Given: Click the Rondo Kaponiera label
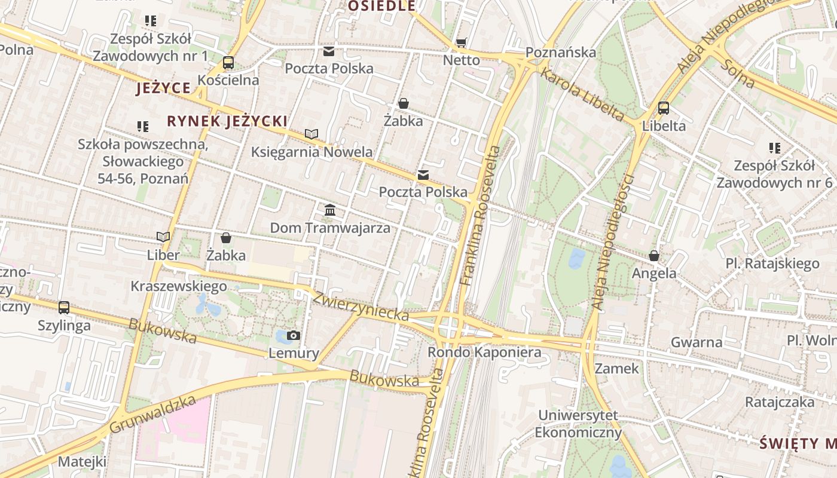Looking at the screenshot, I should pos(484,352).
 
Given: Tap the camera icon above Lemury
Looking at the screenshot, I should pos(293,335).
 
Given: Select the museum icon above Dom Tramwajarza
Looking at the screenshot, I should pos(330,210).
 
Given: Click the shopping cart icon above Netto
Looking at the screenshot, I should pos(461,42).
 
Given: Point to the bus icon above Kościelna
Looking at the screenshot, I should pos(228,62).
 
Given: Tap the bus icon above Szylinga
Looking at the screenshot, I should pos(64,308).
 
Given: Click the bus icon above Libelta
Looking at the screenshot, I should pos(664,108).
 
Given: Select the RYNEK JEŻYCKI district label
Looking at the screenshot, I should pos(227,121).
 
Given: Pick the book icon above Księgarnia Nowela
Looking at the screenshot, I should pos(311,134).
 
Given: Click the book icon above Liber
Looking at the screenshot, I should pos(163,237).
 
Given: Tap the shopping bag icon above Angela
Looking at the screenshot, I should pos(654,256).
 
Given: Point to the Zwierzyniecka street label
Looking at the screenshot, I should pos(361,306).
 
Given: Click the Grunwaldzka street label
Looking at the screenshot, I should pos(153,414).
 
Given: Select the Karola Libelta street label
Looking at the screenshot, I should pos(582,94).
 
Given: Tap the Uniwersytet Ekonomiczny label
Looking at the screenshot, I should pos(578,424).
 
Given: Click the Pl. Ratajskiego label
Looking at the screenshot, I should pos(772,263).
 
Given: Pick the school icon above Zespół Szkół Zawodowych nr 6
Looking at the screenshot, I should pos(774,148).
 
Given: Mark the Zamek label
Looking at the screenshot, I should pos(617,368).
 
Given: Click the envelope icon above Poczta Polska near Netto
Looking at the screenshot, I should pos(329,51).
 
